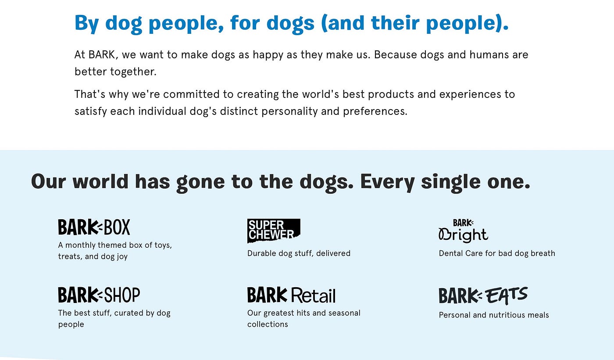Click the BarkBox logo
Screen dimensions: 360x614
94,227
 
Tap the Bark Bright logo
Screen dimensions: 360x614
463,231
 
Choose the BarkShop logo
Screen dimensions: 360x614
99,295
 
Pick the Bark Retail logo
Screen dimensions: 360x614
291,295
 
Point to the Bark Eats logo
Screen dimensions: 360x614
483,296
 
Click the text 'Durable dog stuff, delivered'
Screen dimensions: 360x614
299,253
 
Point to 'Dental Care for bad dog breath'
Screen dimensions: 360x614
497,253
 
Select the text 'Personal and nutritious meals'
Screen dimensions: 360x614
494,315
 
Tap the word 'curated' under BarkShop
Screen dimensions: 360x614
126,313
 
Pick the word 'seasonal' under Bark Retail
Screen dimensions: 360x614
343,313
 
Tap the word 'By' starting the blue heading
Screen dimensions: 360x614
86,23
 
